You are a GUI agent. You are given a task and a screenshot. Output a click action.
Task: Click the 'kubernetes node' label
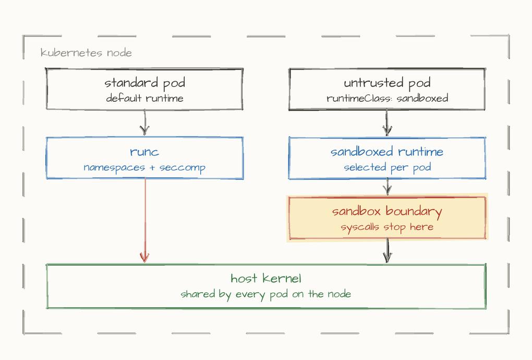coord(86,53)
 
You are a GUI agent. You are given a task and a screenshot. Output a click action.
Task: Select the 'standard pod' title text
coord(144,83)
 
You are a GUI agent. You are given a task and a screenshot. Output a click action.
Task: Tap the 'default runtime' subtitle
coord(144,98)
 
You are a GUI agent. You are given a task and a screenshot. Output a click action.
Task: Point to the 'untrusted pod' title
coord(387,83)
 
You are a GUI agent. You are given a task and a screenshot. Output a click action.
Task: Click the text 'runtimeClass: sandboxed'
coord(387,98)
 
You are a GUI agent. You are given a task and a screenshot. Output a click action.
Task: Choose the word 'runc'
coord(144,152)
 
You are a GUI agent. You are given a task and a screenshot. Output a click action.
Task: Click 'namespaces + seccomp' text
coord(144,167)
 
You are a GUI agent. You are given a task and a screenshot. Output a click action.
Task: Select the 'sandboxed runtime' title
coord(387,151)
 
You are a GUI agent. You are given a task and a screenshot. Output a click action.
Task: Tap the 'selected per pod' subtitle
coord(387,167)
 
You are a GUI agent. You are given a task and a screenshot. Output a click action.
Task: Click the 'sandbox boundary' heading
coord(387,211)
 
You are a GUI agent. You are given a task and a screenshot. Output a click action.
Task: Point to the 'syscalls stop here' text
coord(387,227)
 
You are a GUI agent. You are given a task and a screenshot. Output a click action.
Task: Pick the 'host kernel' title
coord(266,279)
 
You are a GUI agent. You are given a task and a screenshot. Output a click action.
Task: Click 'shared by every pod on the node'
coord(266,294)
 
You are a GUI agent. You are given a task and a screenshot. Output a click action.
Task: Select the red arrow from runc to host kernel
coord(145,221)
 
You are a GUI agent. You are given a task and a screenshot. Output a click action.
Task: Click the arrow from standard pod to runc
coord(145,123)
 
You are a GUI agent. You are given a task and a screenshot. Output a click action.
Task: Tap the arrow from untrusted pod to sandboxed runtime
coord(387,123)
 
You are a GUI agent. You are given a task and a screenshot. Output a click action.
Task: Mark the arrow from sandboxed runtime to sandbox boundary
coord(388,187)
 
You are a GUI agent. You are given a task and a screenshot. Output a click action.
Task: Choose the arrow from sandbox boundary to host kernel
coord(388,250)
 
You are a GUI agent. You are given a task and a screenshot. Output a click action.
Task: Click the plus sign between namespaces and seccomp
coord(152,168)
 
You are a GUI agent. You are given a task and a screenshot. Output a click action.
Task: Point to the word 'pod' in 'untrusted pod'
coord(419,84)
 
